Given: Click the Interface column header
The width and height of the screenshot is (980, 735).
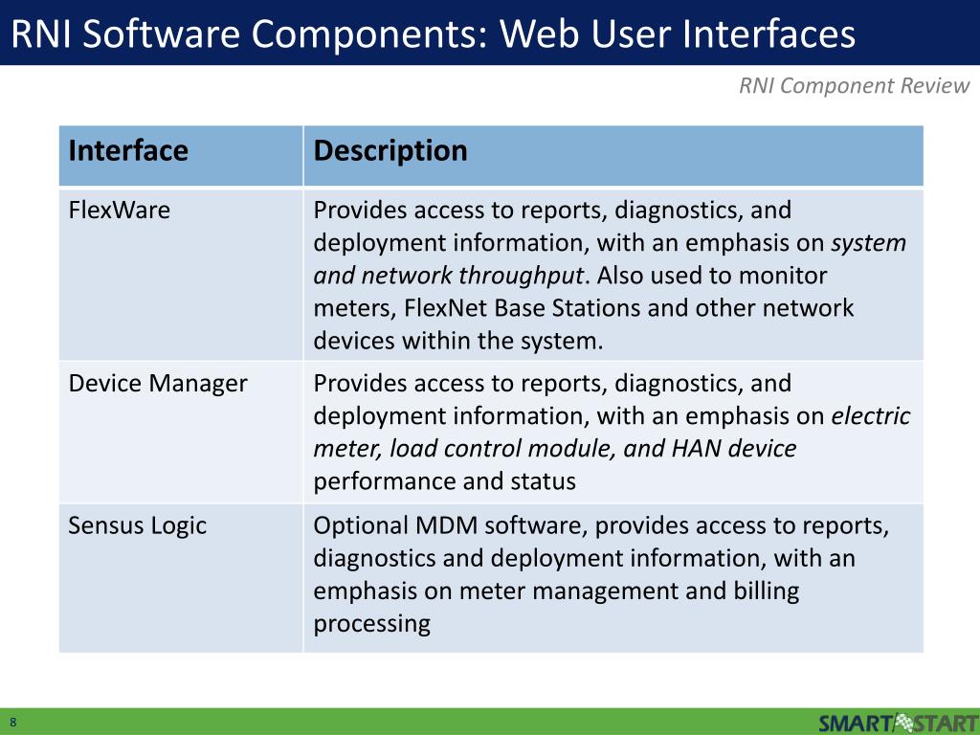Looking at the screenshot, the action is pyautogui.click(x=128, y=151).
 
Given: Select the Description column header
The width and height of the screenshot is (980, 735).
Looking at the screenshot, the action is pyautogui.click(x=390, y=151).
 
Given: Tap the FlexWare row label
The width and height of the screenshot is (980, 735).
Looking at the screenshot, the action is pyautogui.click(x=120, y=210).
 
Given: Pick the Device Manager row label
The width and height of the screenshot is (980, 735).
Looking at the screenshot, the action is pyautogui.click(x=158, y=384).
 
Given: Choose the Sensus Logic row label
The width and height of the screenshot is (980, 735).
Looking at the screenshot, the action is pyautogui.click(x=138, y=525).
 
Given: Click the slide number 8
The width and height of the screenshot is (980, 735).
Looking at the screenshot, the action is pyautogui.click(x=14, y=722).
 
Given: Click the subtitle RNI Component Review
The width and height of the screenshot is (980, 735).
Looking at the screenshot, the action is pyautogui.click(x=854, y=86).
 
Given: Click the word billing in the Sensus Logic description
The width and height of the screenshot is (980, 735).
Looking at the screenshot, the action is pyautogui.click(x=768, y=590).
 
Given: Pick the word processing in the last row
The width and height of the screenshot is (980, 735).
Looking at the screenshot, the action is pyautogui.click(x=371, y=624).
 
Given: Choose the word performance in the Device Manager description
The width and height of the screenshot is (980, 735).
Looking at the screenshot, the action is pyautogui.click(x=385, y=480).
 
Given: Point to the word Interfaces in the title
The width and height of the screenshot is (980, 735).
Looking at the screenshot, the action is pyautogui.click(x=774, y=34).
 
